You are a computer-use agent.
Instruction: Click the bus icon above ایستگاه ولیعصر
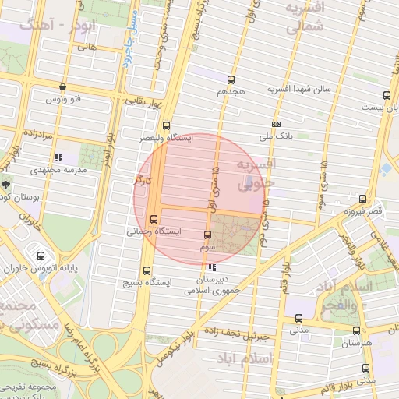(166, 125)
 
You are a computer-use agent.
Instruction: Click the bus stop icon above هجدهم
(231, 79)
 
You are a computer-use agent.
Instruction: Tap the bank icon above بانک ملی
(276, 124)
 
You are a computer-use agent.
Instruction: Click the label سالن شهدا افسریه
(300, 89)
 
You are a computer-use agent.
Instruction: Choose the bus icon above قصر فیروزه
(362, 199)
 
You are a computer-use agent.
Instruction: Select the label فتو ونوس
(65, 99)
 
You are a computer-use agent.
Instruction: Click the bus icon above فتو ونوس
(62, 87)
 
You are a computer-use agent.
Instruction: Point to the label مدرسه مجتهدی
(55, 169)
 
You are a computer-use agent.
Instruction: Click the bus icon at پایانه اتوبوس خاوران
(41, 256)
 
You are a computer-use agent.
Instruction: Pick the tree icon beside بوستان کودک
(6, 185)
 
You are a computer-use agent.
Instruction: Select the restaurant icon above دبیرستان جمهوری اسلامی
(213, 268)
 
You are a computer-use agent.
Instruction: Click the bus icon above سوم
(207, 235)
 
